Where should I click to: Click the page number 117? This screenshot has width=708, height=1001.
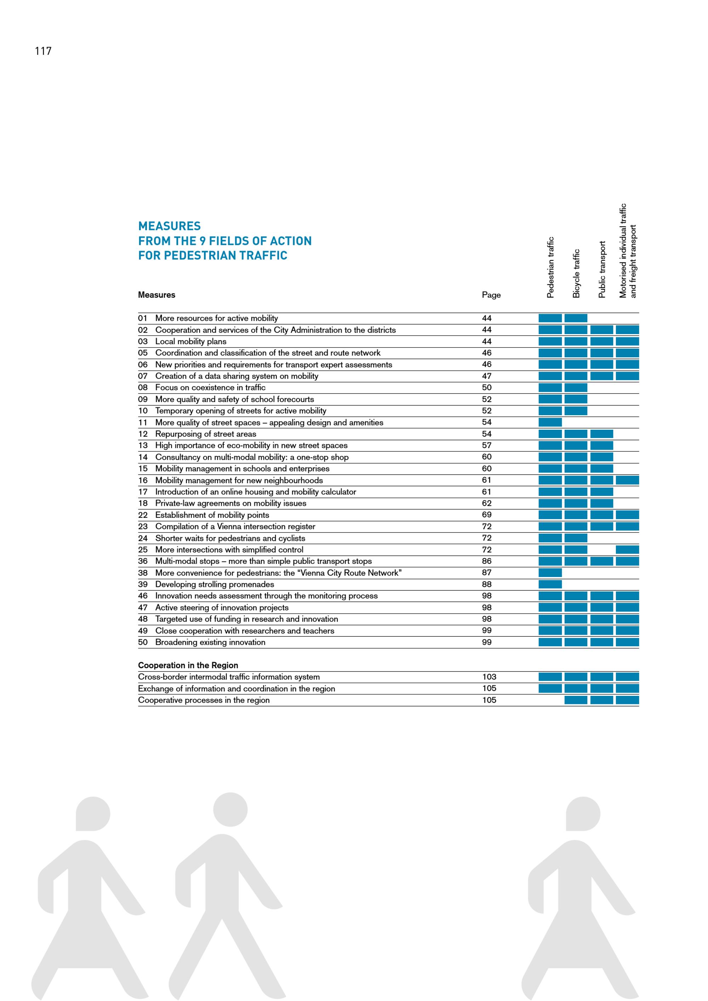[x=43, y=51]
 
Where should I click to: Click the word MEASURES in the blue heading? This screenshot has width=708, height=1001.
[x=169, y=226]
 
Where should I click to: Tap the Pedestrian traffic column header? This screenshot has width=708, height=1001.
[x=550, y=267]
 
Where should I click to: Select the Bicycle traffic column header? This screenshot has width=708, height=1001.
[x=576, y=273]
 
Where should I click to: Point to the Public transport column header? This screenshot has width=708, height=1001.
[x=602, y=269]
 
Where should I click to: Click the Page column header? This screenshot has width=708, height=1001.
[x=491, y=295]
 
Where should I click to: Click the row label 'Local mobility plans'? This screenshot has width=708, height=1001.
[x=190, y=341]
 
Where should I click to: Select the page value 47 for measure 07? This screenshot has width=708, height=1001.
[x=486, y=376]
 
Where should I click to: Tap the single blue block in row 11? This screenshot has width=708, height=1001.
[x=550, y=422]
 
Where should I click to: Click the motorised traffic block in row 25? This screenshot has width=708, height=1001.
[x=627, y=549]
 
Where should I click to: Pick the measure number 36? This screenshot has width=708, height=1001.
[x=143, y=561]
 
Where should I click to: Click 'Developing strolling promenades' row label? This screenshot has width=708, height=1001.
[x=215, y=584]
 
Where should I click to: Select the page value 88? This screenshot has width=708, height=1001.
[x=486, y=584]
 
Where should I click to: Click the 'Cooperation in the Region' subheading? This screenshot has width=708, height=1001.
[x=188, y=665]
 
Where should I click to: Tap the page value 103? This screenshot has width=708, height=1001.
[x=489, y=677]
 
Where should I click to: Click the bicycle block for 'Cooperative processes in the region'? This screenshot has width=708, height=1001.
[x=576, y=700]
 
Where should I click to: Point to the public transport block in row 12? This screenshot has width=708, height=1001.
[x=602, y=434]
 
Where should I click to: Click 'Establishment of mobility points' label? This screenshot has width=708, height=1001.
[x=212, y=515]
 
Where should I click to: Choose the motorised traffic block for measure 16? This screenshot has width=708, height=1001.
[x=627, y=480]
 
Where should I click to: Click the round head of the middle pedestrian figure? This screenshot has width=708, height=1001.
[x=230, y=810]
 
